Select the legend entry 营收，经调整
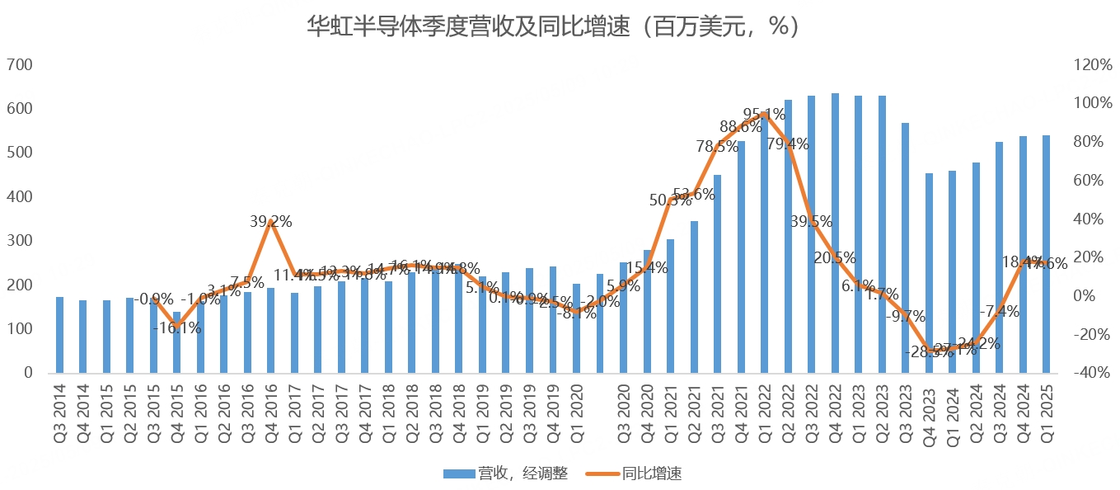tap(505, 473)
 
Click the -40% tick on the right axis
tap(1090, 373)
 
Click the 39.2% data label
tap(270, 222)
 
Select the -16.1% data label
tap(176, 328)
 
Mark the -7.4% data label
tap(999, 312)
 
